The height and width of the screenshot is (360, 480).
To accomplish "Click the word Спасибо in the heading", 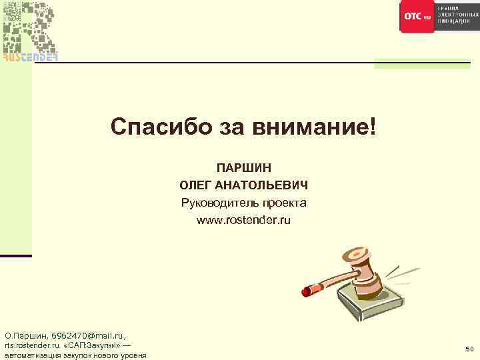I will tap(154, 125).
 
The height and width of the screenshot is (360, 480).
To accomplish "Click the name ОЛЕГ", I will tap(198, 185).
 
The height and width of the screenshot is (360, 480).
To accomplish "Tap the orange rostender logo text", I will tap(30, 57).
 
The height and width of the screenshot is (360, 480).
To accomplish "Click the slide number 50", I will tap(469, 349).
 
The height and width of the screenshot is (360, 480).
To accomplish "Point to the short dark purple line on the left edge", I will tap(15, 256).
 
